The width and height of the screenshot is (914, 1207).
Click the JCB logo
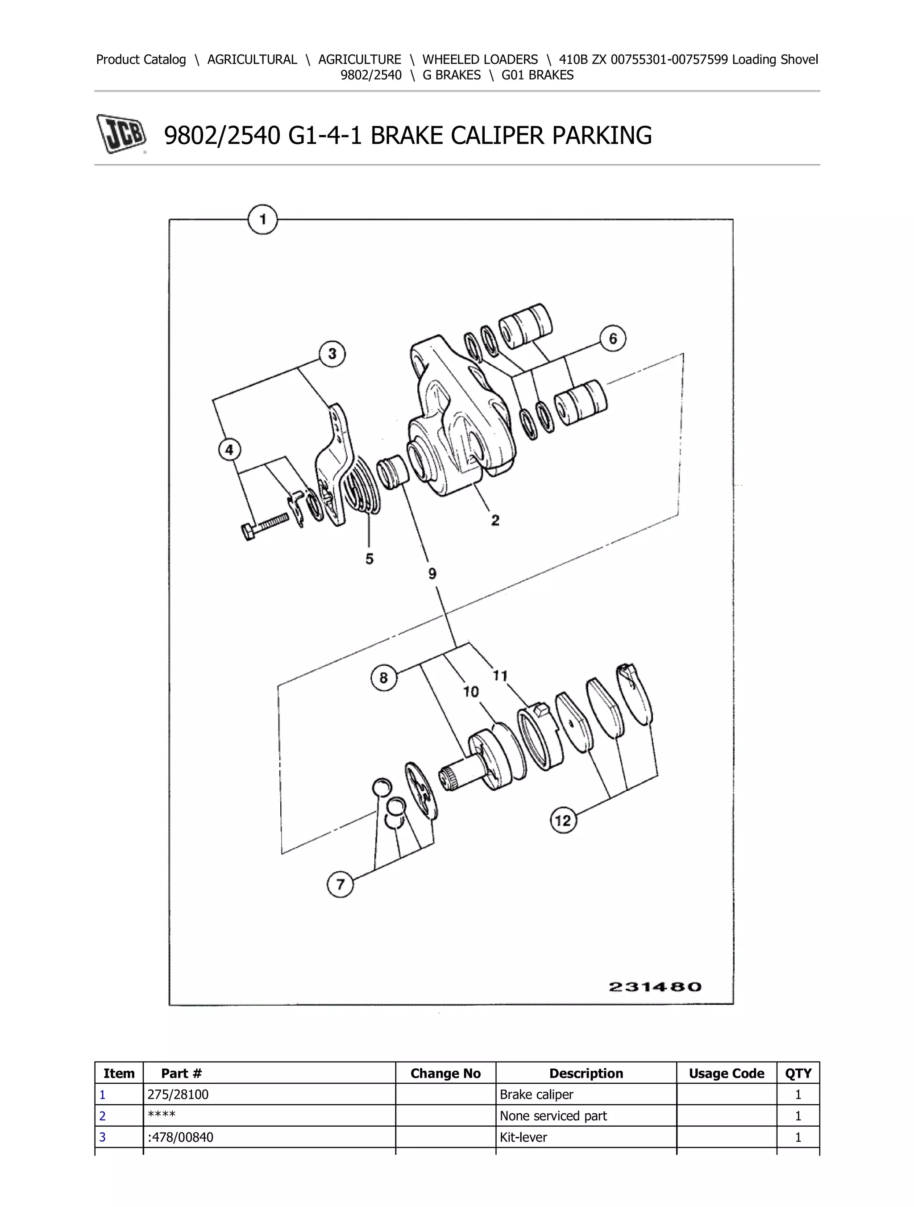pyautogui.click(x=121, y=134)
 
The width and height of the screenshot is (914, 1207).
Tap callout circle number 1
pyautogui.click(x=263, y=220)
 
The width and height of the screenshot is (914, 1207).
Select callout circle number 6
pyautogui.click(x=612, y=339)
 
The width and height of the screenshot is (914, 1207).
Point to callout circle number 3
pyautogui.click(x=332, y=354)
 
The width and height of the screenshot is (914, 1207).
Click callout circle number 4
pyautogui.click(x=229, y=450)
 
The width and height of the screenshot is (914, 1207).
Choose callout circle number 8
pyautogui.click(x=383, y=678)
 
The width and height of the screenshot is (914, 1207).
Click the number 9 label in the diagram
pyautogui.click(x=432, y=573)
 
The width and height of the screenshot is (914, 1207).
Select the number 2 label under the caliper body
pyautogui.click(x=494, y=520)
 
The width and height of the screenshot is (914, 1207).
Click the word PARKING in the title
pyautogui.click(x=602, y=135)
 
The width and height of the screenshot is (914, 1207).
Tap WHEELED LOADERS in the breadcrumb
pyautogui.click(x=480, y=59)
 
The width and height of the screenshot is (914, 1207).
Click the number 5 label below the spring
pyautogui.click(x=369, y=559)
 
